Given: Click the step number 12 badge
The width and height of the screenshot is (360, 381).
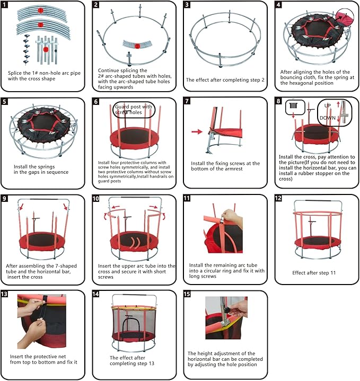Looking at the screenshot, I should click(279, 199).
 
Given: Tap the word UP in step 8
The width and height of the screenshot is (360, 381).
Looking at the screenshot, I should click(327, 106).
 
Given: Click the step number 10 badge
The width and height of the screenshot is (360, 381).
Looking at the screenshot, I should click(96, 199).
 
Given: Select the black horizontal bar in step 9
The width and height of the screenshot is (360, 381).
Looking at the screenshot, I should click(42, 199).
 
